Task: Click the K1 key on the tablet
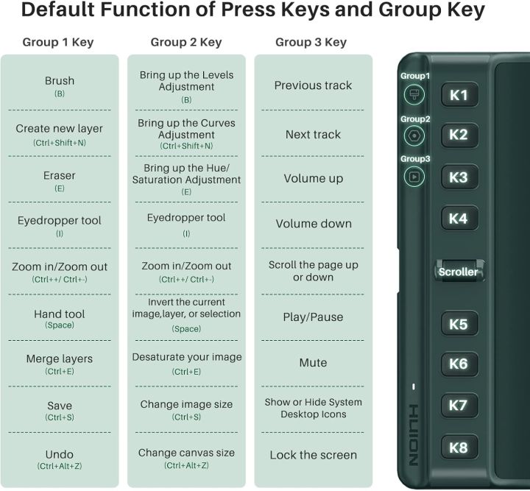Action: [x=459, y=95]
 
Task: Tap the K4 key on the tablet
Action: [x=459, y=219]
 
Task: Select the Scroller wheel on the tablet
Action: [x=459, y=271]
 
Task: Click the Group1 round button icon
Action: [x=414, y=95]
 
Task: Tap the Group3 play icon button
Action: [x=414, y=177]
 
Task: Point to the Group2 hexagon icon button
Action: [x=414, y=136]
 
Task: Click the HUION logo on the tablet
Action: [x=414, y=434]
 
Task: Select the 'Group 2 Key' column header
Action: [x=186, y=42]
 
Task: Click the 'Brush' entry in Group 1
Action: [x=60, y=81]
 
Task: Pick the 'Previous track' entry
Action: [x=313, y=85]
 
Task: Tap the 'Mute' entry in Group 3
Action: [x=313, y=363]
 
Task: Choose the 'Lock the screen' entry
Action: [x=313, y=455]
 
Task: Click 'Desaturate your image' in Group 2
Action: [x=186, y=357]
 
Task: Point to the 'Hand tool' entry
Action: [x=60, y=314]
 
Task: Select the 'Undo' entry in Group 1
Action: [x=60, y=454]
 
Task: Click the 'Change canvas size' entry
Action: [x=186, y=453]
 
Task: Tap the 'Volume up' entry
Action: [x=314, y=178]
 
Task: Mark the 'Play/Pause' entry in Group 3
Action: [x=313, y=317]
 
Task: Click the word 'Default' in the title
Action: [x=58, y=10]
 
